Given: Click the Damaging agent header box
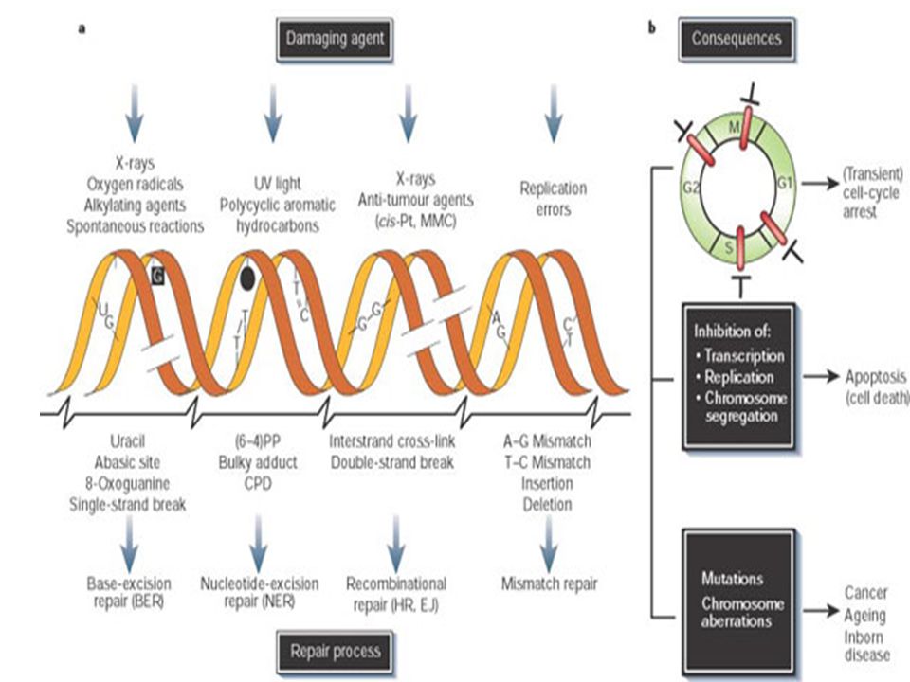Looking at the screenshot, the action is point(335,40).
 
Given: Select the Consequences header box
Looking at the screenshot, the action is point(737,39).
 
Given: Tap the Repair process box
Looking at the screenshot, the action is point(335,652).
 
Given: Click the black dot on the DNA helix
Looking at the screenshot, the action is point(247,278).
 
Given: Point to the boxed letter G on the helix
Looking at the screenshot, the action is point(158,276).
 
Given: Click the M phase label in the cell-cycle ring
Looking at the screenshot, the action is point(734,126).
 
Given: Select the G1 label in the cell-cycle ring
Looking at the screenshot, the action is point(785,183).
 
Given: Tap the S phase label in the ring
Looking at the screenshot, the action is point(730,247).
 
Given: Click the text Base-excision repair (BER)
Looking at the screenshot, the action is point(129,593).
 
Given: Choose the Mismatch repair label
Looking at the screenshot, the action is point(549,584).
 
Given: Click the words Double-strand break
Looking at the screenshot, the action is point(392,463).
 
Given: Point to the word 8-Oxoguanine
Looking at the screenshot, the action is point(128,484).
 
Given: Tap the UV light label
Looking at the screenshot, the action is point(278,184).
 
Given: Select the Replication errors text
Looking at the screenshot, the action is point(553,199).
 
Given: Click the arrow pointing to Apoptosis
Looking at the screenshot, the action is point(821,377).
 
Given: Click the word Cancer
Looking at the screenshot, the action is point(865,593).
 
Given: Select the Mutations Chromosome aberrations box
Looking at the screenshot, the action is point(738,601).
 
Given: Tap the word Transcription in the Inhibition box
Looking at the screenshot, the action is point(744,355).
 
